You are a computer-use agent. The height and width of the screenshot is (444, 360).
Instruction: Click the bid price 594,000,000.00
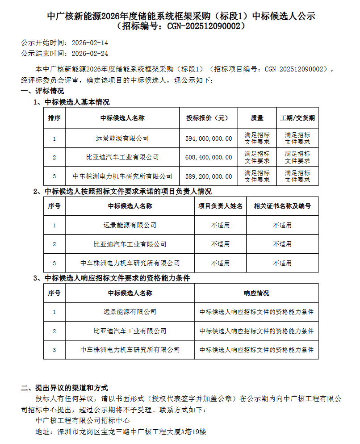[x=209, y=138]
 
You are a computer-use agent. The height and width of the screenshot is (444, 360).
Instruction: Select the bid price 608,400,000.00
[x=209, y=157]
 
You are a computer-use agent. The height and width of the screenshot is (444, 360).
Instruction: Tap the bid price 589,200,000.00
[x=209, y=176]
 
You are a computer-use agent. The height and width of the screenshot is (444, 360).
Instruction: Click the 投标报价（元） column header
[x=209, y=118]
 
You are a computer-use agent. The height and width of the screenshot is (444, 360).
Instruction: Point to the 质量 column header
[x=257, y=118]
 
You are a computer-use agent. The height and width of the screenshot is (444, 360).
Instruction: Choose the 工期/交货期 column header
[x=297, y=118]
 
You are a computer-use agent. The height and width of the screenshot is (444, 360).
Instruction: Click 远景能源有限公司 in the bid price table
[x=122, y=138]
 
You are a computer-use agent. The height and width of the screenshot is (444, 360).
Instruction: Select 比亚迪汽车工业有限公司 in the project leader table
[x=130, y=244]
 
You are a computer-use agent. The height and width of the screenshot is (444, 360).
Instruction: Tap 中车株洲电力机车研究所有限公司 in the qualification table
[x=130, y=350]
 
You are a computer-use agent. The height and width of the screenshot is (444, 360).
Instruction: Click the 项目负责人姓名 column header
[x=221, y=206]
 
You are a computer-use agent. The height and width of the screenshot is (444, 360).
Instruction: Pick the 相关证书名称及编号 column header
[x=282, y=206]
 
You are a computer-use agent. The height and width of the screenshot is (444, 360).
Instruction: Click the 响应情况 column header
[x=256, y=293]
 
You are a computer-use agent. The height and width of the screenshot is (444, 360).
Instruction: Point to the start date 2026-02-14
[x=90, y=43]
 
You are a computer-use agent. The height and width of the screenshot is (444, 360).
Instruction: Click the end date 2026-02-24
[x=90, y=53]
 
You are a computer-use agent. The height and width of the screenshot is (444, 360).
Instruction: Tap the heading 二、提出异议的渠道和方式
[x=64, y=388]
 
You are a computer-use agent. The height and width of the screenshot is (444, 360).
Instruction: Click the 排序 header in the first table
[x=54, y=118]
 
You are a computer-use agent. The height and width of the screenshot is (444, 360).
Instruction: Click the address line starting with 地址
[x=121, y=432]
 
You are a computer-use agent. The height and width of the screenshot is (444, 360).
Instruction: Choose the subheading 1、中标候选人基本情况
[x=71, y=102]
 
